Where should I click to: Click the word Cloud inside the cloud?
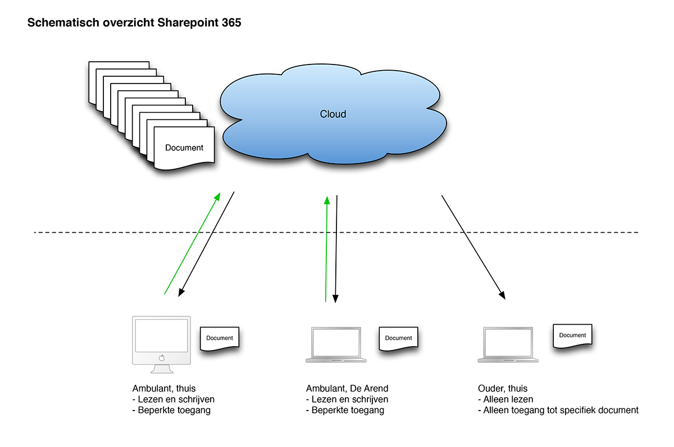tap(333, 114)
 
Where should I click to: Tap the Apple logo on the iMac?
tap(161, 357)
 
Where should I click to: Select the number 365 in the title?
tap(231, 24)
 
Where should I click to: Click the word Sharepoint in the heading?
tap(189, 24)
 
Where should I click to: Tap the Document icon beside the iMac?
tap(220, 338)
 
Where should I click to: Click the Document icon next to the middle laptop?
tap(399, 338)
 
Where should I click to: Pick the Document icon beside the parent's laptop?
tap(572, 335)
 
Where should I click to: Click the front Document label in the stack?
tap(184, 148)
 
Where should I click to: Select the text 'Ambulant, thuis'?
tap(163, 389)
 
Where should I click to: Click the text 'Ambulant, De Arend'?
tap(347, 389)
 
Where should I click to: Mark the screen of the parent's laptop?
tap(509, 342)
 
